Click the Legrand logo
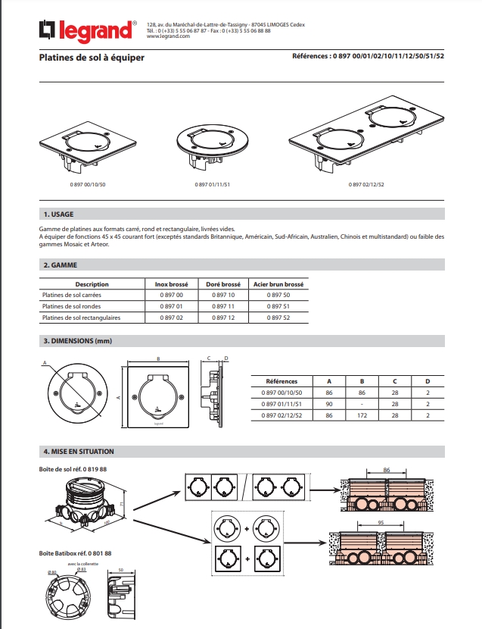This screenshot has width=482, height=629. (88, 30)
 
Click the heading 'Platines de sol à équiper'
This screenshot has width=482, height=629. (92, 58)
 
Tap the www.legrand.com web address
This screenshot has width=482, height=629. (168, 36)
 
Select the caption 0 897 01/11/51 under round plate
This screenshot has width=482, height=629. (213, 185)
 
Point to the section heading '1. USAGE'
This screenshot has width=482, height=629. (59, 214)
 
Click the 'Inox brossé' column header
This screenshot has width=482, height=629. (172, 283)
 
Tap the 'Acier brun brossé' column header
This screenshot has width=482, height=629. (278, 283)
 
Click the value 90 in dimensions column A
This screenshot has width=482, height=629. (328, 405)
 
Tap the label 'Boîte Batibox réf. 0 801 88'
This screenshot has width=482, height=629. (75, 554)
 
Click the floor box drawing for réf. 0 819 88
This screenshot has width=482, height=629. (82, 503)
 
